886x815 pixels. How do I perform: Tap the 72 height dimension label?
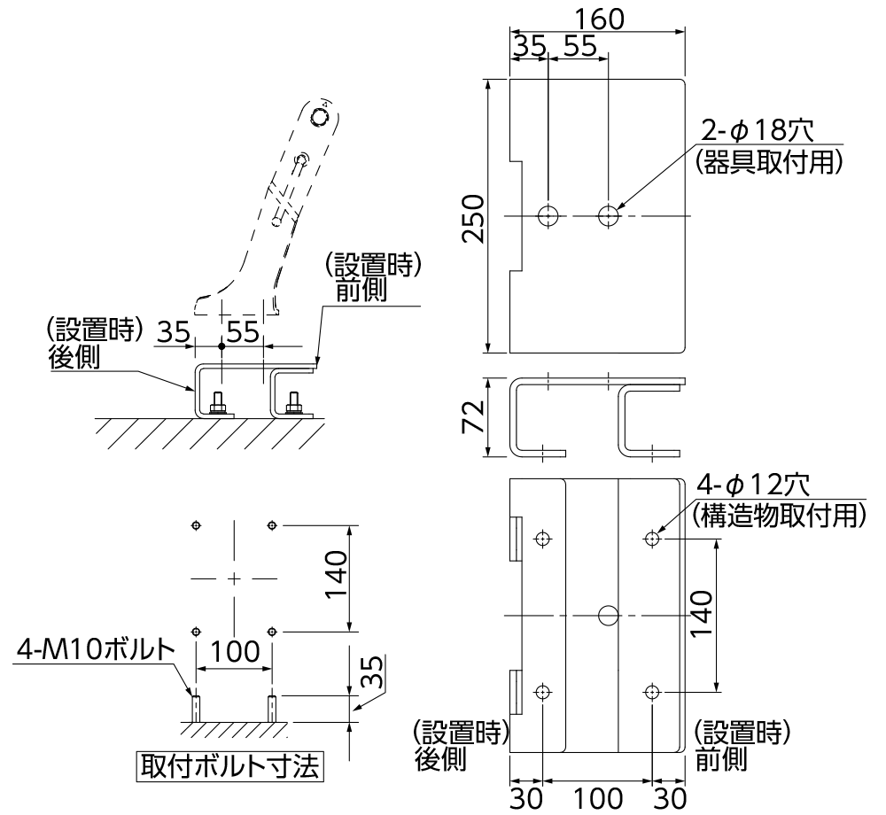tap(473, 415)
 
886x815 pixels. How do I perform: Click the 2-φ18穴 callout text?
tap(757, 130)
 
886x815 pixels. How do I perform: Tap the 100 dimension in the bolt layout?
tap(233, 651)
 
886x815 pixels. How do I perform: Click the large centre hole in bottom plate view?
tap(608, 615)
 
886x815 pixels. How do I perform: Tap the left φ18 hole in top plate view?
tap(548, 214)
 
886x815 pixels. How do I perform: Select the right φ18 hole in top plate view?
tap(609, 214)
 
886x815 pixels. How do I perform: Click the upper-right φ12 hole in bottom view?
tap(652, 538)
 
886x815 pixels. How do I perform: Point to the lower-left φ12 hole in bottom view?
tap(543, 692)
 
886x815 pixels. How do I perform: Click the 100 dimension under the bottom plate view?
tap(597, 798)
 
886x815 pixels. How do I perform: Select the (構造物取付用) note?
tap(777, 515)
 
